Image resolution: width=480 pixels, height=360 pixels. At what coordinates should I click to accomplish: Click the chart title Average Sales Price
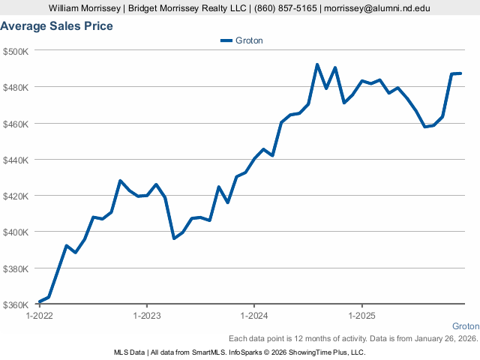tap(57, 26)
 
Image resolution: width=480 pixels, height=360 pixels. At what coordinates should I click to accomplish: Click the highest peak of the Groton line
tap(317, 64)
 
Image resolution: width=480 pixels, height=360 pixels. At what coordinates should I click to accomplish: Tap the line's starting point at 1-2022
tap(39, 302)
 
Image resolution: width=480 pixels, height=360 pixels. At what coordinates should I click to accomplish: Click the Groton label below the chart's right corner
tap(466, 327)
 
